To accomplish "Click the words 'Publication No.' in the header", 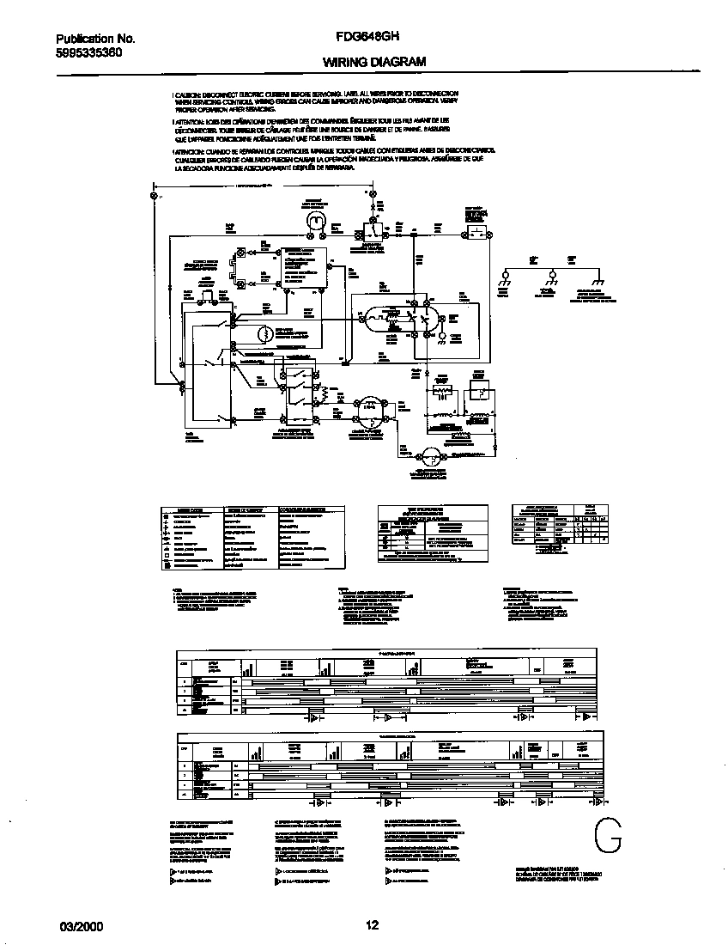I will click(x=95, y=39).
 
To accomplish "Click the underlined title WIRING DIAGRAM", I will click(x=373, y=62).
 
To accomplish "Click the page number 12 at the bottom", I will click(x=372, y=925).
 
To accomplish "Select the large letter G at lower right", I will click(x=607, y=833).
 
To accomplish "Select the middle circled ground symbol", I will click(x=550, y=277).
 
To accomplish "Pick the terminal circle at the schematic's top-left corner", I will click(x=154, y=197).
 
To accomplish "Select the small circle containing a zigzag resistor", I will click(x=266, y=333).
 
